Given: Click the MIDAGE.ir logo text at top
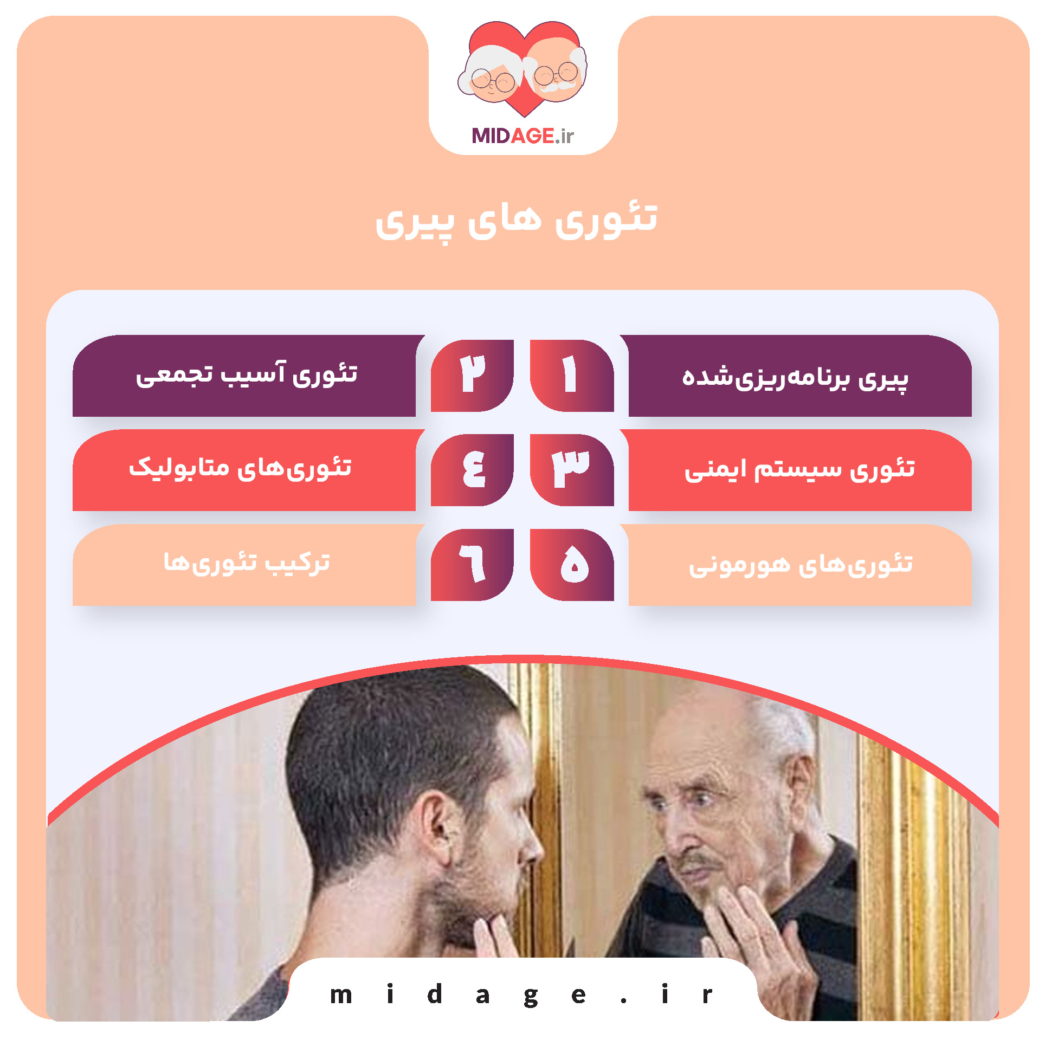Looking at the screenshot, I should pos(522,135).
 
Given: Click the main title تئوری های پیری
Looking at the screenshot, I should pos(517,220).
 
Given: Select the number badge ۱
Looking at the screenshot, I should pos(571,375).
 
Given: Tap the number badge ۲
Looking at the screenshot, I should pos(472,375).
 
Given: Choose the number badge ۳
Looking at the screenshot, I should pos(571,469).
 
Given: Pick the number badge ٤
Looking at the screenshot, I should pos(472,469).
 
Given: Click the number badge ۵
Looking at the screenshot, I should pos(571,564).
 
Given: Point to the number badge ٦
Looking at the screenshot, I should pos(472,564).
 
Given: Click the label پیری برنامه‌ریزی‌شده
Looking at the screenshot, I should pos(795,377).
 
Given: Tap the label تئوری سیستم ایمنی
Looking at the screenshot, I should pos(799,469).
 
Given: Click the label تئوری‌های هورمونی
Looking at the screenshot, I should pos(801,565).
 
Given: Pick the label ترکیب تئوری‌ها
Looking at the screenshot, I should pos(247,563).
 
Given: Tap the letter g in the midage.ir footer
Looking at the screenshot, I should pos(531,996).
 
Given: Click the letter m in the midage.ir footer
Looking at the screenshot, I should pos(341,995).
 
